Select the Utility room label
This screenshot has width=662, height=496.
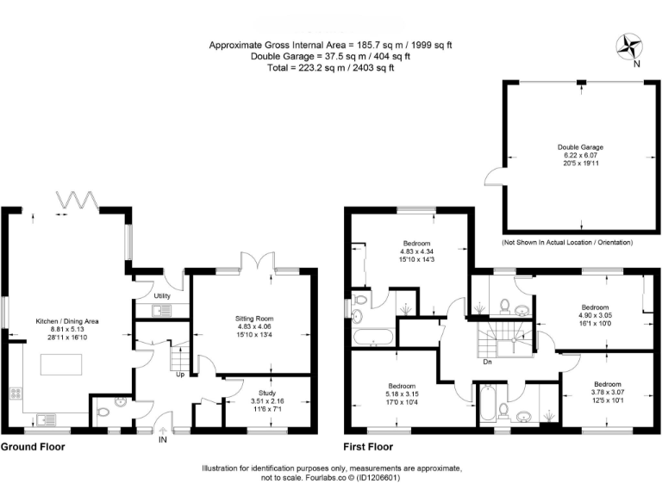[x=161, y=296]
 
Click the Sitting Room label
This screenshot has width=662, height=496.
[x=253, y=319]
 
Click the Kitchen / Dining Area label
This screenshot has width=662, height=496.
[x=67, y=320]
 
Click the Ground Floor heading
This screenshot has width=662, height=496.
[x=33, y=447]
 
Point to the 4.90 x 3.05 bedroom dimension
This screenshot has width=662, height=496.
[x=596, y=315]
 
